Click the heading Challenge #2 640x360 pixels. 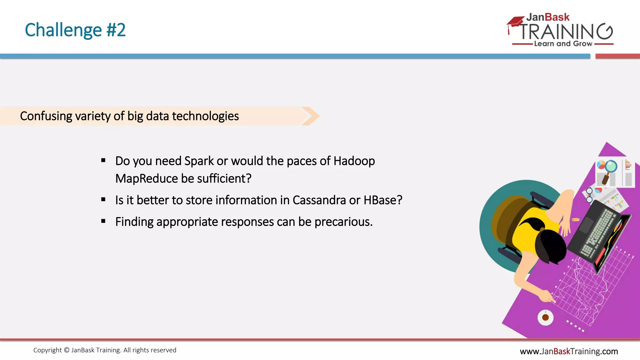(x=75, y=30)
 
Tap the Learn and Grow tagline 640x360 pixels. (x=563, y=44)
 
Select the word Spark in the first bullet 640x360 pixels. (x=199, y=161)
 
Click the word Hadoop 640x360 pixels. (x=354, y=161)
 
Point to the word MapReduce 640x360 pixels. (x=147, y=179)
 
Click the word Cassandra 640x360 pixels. (x=319, y=200)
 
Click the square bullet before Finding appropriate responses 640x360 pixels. (x=103, y=221)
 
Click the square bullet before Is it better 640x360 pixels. (x=103, y=199)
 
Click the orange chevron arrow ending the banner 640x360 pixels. (x=311, y=116)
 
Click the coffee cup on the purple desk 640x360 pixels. (x=545, y=317)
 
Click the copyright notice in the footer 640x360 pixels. (x=105, y=350)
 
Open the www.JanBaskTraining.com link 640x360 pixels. (x=569, y=351)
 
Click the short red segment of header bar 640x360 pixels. (x=617, y=56)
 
